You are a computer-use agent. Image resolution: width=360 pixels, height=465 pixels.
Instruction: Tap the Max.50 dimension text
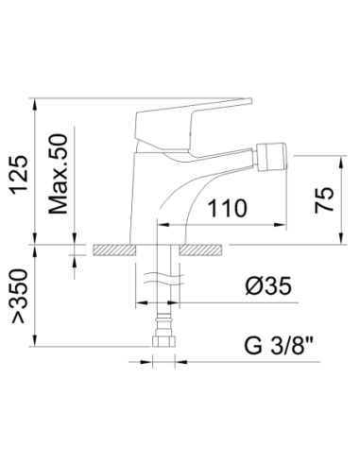pos(58,174)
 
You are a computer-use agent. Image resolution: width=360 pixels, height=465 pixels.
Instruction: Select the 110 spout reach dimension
pos(228,208)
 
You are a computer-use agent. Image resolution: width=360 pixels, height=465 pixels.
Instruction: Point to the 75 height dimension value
pos(324,199)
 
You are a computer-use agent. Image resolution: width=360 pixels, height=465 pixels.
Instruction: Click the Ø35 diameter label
pos(269,286)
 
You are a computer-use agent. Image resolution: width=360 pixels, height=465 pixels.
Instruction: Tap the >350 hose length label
pos(20,296)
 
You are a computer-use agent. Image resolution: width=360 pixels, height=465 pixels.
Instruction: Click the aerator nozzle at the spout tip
pos(272,157)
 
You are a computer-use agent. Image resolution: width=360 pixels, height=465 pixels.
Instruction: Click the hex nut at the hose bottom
pos(163,341)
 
